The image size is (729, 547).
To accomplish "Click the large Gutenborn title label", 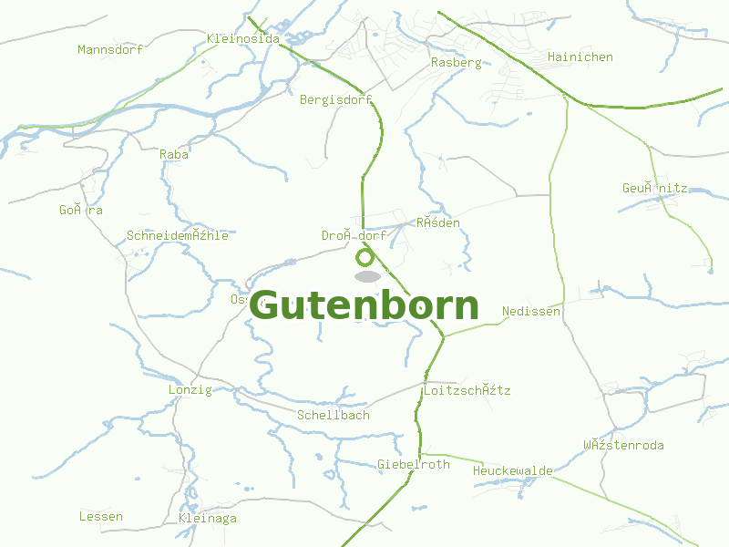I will click(364, 306).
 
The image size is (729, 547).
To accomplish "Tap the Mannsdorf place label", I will click(110, 49).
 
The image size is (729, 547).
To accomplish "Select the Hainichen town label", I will click(580, 57).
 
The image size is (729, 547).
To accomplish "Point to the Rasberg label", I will click(456, 63).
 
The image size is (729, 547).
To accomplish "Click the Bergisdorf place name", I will click(336, 99).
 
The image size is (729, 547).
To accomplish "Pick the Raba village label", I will click(174, 154).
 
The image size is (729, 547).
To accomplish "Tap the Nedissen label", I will click(530, 311).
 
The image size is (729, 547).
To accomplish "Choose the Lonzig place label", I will click(190, 389).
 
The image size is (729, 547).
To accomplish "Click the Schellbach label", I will click(334, 415).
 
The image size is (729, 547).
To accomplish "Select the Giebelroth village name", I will click(413, 464).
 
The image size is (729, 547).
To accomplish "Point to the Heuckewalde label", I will click(512, 470).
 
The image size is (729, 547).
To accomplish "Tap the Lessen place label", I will click(100, 516).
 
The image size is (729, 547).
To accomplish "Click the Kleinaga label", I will click(208, 518).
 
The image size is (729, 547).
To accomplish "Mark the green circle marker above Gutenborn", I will click(365, 258).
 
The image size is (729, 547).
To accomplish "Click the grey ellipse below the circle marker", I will click(366, 276).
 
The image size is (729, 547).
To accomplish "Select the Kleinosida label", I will click(243, 38).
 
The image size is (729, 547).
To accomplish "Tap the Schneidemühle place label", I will click(178, 235).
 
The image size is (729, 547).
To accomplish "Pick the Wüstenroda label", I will click(623, 445).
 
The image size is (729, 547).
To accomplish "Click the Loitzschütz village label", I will click(467, 390).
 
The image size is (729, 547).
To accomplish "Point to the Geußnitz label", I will click(654, 188).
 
